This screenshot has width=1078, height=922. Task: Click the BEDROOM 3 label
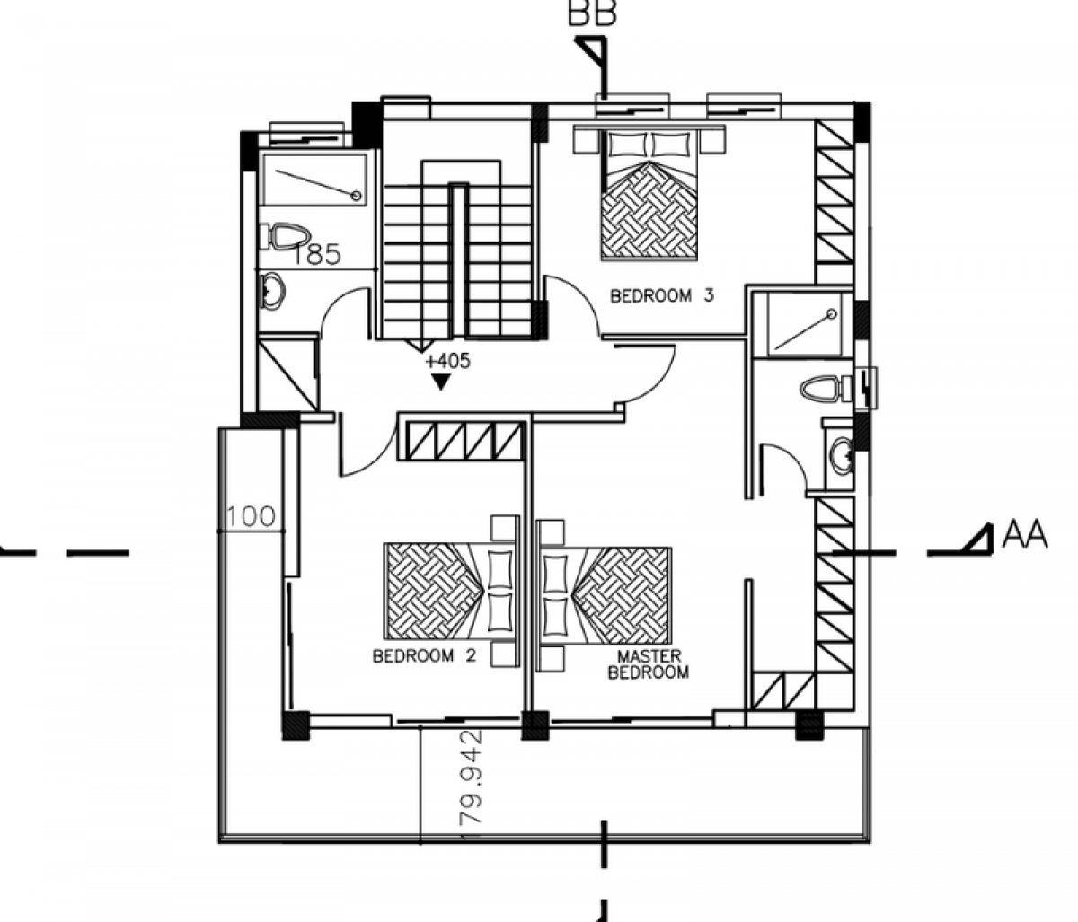point(662,296)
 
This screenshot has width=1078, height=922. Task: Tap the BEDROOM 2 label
point(425,655)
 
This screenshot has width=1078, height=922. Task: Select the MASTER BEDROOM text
point(649,664)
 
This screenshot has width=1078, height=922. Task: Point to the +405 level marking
point(448,361)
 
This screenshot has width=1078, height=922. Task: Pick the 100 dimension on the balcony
point(252,516)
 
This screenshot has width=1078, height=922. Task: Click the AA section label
point(1024,535)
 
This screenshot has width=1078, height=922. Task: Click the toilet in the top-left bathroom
point(287,237)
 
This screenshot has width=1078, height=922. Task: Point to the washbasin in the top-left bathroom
point(271,291)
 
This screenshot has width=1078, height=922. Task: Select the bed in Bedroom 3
point(649,193)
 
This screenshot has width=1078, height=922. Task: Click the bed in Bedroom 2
point(451,592)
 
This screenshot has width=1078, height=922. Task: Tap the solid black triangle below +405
point(441,382)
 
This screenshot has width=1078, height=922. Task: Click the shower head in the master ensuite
point(832,314)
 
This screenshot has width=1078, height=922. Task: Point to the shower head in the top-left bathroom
point(357,196)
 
